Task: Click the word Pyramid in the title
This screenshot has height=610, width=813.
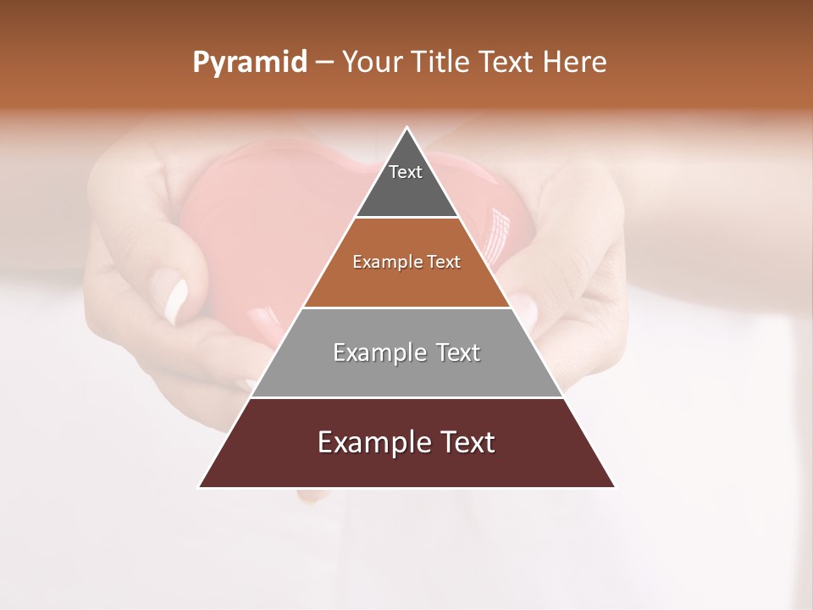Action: click(x=249, y=63)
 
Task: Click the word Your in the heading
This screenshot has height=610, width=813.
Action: click(x=373, y=63)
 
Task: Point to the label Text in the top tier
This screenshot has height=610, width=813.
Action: click(x=406, y=172)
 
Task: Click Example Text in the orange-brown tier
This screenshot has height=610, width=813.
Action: click(x=406, y=262)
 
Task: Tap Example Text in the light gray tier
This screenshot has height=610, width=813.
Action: click(x=406, y=352)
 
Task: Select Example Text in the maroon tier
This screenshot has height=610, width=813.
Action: click(x=406, y=442)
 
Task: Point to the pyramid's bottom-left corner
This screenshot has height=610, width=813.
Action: click(x=199, y=487)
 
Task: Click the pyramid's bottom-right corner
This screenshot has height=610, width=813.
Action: click(x=614, y=487)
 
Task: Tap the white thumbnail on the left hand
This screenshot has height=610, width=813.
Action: click(x=177, y=302)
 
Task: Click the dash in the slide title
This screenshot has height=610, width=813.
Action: click(x=324, y=63)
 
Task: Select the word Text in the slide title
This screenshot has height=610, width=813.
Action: click(x=505, y=63)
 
